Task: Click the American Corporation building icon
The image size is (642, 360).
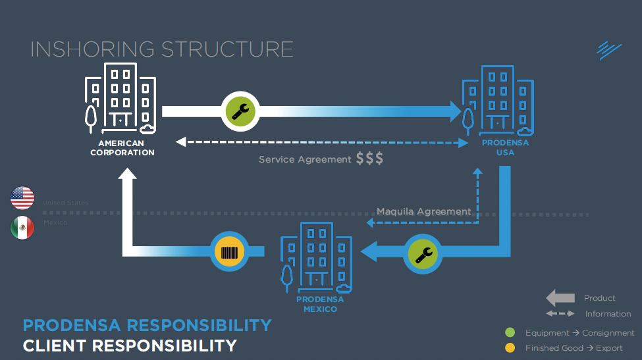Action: point(120,98)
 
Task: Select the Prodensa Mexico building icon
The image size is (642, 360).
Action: point(316,257)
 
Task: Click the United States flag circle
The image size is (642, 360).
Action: point(22,197)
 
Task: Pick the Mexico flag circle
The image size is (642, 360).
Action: point(22,228)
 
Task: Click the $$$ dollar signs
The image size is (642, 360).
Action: point(369,159)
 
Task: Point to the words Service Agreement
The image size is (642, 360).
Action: point(305,159)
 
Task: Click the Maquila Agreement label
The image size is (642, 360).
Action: point(424,211)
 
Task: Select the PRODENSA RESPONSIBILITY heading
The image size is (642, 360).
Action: point(147,325)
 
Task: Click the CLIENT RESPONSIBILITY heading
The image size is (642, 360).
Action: point(129,346)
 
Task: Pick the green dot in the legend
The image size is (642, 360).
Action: point(509,333)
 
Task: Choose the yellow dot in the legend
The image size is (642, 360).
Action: point(509,347)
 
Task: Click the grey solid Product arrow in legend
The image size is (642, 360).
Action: point(560,298)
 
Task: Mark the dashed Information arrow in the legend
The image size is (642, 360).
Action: point(560,314)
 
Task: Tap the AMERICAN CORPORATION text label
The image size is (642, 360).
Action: point(122,148)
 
